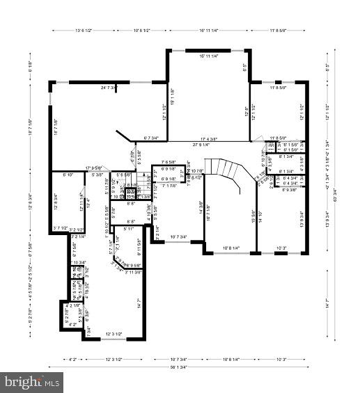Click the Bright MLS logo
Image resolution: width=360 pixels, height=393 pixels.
coord(31,382)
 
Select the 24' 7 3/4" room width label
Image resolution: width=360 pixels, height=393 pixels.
coord(109,88)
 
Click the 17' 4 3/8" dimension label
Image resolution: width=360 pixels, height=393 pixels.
coord(213,138)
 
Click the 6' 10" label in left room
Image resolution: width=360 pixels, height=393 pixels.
coord(68,175)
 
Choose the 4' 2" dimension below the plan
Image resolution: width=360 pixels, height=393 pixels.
coord(72,360)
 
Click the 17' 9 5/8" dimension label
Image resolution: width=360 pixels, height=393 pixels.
coord(93,168)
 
